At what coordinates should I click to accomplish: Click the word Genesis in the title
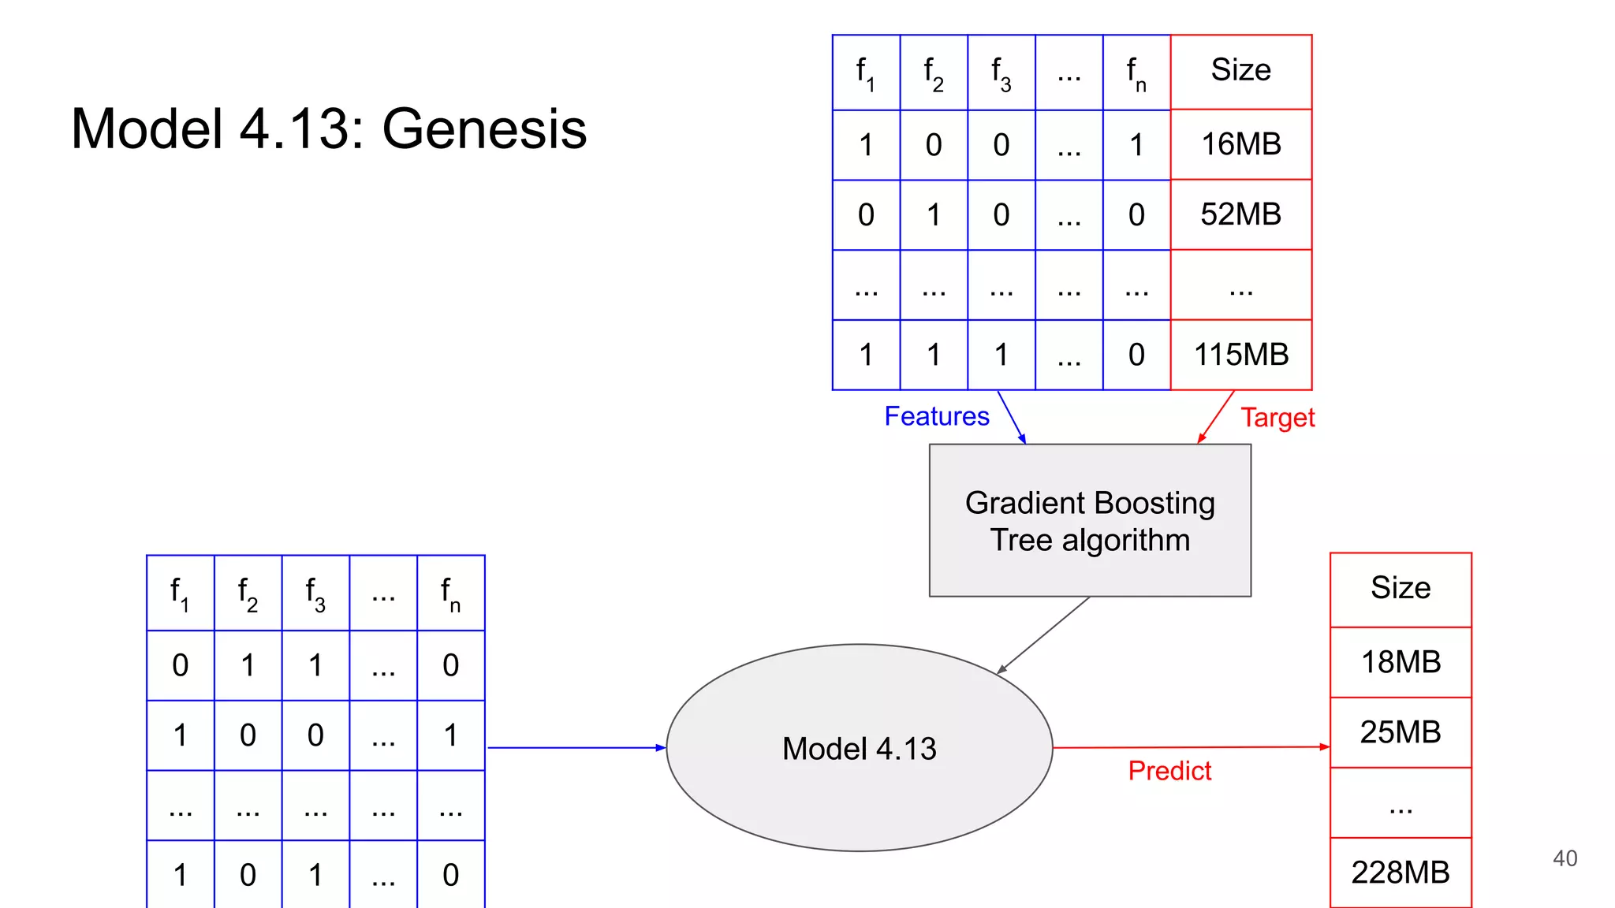(484, 129)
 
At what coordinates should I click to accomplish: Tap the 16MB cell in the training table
(1240, 144)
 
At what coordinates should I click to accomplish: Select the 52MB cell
(1240, 214)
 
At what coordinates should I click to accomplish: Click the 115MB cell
(1240, 355)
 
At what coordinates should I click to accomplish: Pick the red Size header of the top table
(1240, 71)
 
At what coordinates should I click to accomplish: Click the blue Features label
(936, 416)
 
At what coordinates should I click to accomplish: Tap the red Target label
(1277, 418)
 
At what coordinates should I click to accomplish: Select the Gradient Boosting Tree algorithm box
(1090, 521)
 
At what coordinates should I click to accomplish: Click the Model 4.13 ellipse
(859, 748)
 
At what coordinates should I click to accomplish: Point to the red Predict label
(1169, 771)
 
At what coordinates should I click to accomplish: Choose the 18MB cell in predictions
(1401, 662)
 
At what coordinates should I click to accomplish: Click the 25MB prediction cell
(1401, 732)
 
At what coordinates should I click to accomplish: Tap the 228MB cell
(1401, 873)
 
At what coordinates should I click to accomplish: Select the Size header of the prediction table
(1401, 589)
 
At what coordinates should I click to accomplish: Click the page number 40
(1565, 858)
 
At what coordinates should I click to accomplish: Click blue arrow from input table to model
(576, 747)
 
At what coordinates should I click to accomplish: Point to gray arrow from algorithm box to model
(1044, 635)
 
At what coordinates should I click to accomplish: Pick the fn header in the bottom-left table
(450, 593)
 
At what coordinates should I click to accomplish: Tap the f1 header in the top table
(865, 73)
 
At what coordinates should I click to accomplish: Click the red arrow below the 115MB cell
(1216, 416)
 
